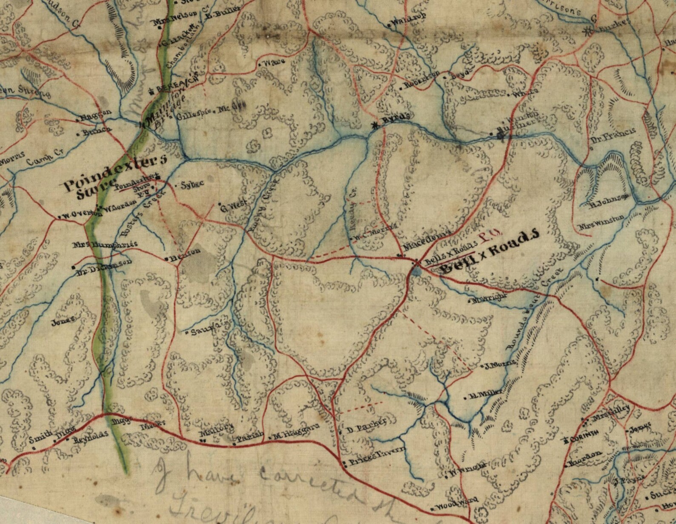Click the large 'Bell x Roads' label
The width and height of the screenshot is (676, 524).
pyautogui.click(x=490, y=251)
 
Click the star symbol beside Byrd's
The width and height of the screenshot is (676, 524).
pyautogui.click(x=375, y=125)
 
